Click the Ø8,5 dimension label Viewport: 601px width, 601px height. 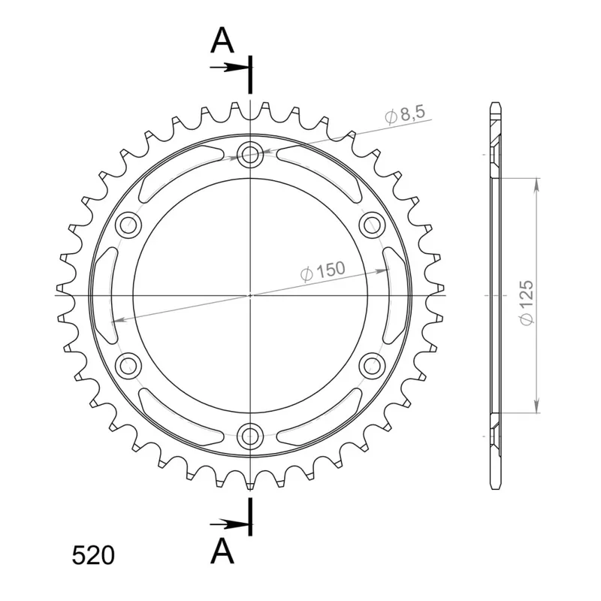point(405,114)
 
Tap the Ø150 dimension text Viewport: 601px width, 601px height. point(322,270)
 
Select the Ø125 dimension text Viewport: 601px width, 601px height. point(527,303)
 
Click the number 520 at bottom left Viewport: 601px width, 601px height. point(93,555)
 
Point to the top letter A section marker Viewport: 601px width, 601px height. point(222,41)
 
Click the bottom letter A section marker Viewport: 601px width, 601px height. point(222,551)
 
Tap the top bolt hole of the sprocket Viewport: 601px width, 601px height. point(250,155)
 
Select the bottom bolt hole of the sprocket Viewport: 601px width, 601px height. point(250,436)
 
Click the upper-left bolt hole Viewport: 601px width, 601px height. point(128,225)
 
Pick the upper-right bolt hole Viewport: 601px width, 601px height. point(372,225)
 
